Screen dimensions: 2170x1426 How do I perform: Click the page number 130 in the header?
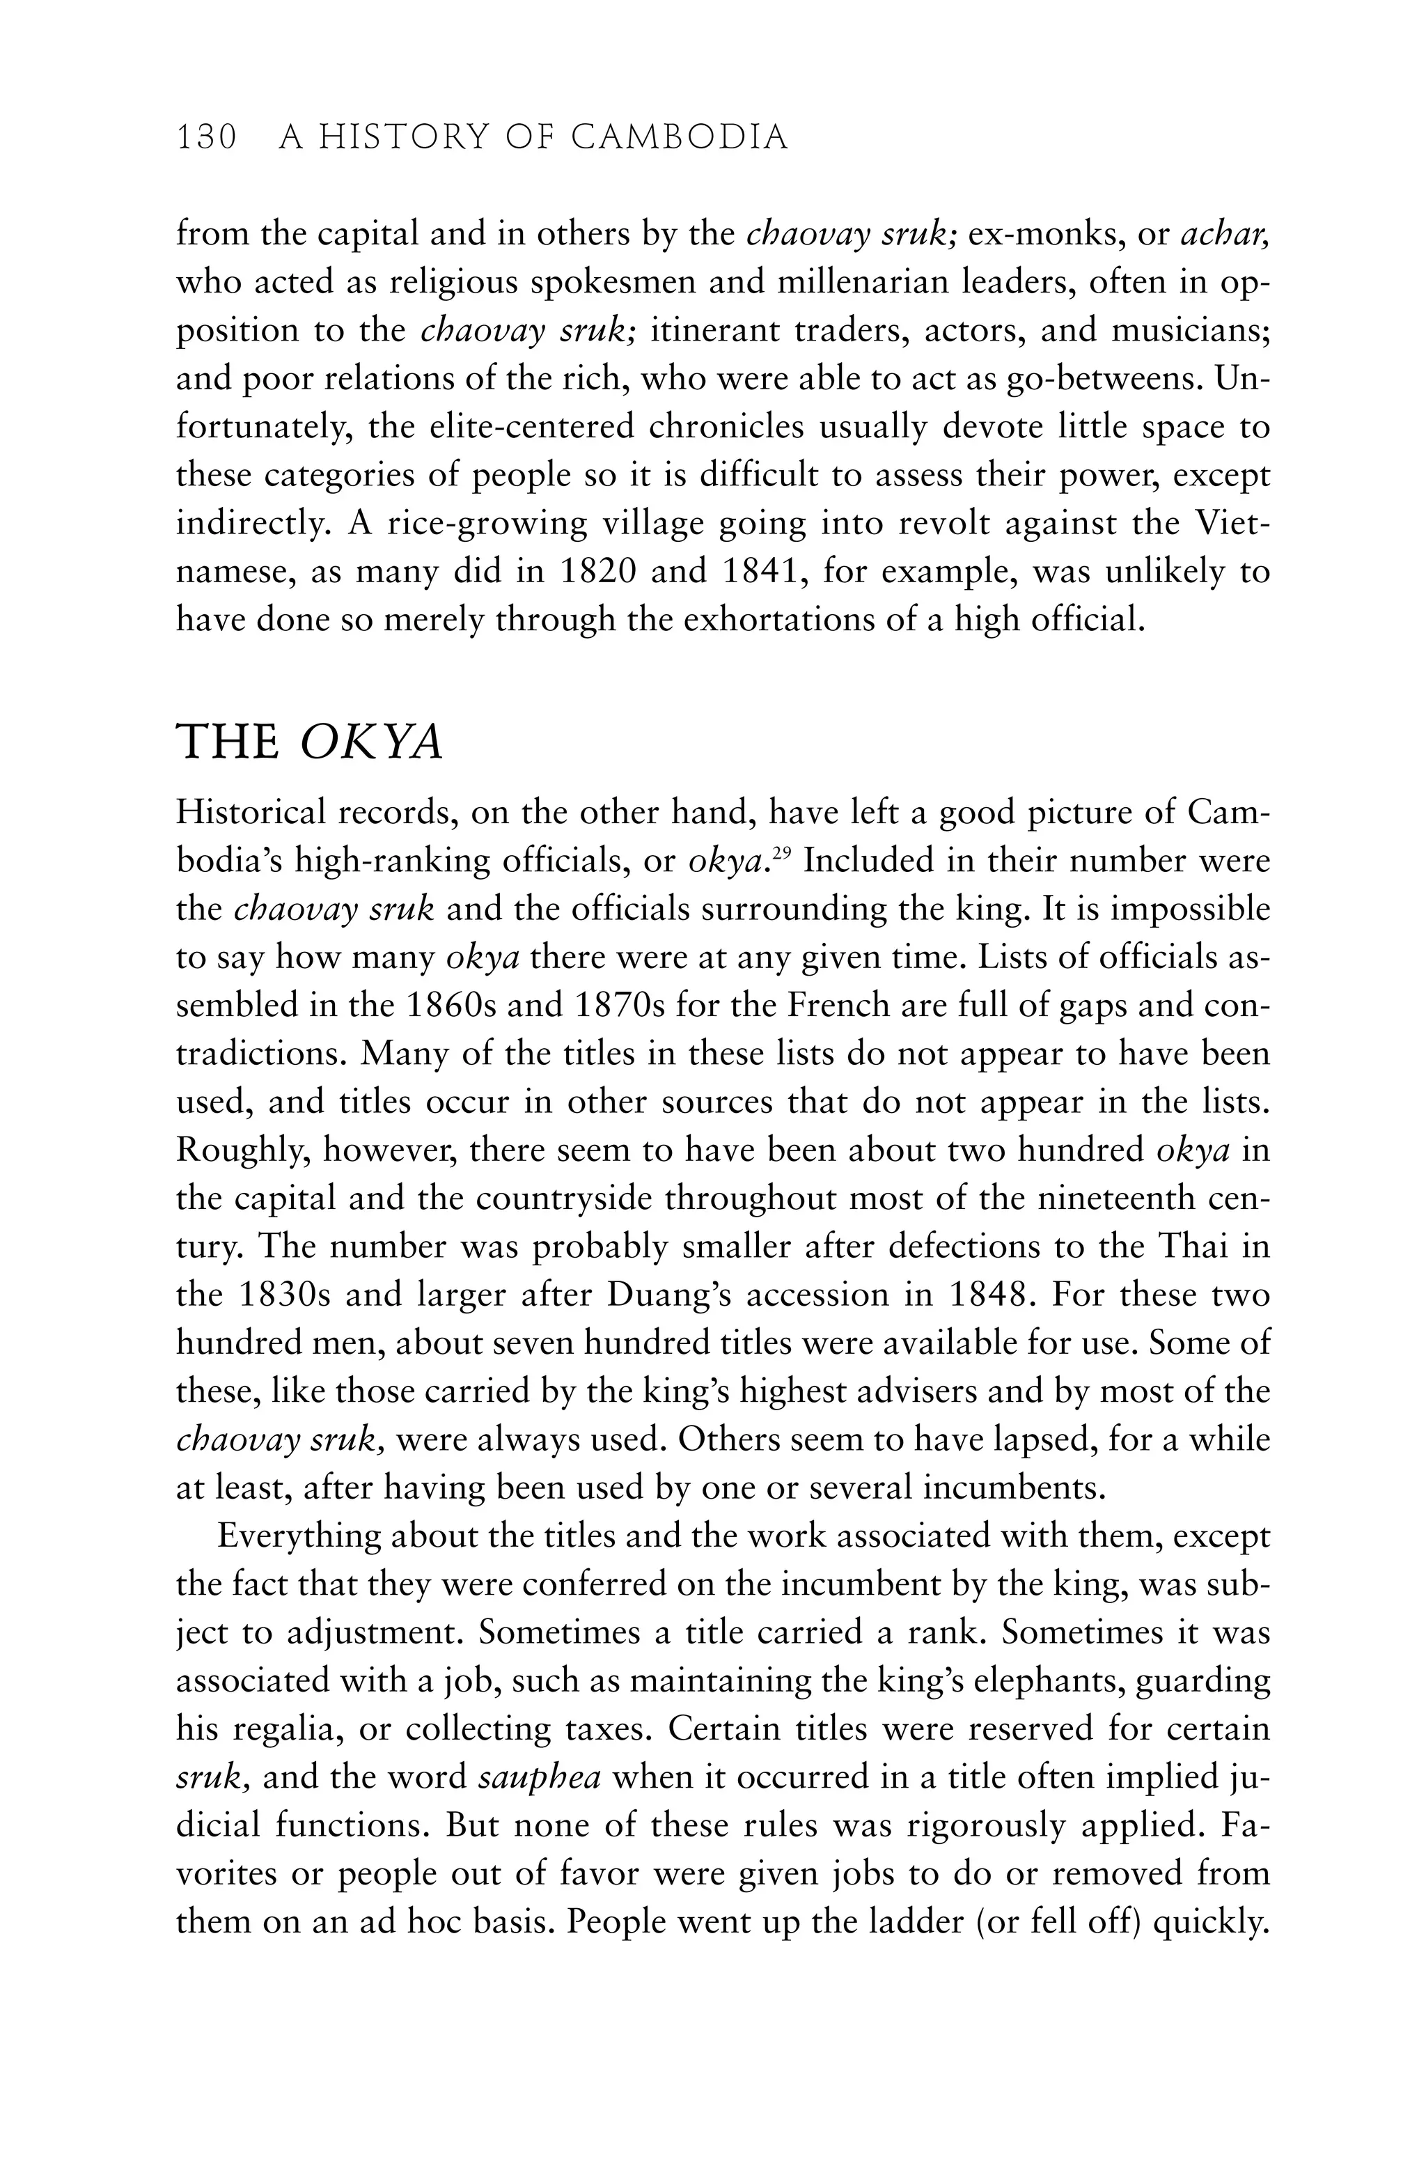click(x=206, y=138)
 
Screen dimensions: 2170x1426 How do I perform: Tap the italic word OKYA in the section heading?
click(x=371, y=743)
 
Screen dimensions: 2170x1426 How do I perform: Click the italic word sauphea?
click(x=540, y=1777)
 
